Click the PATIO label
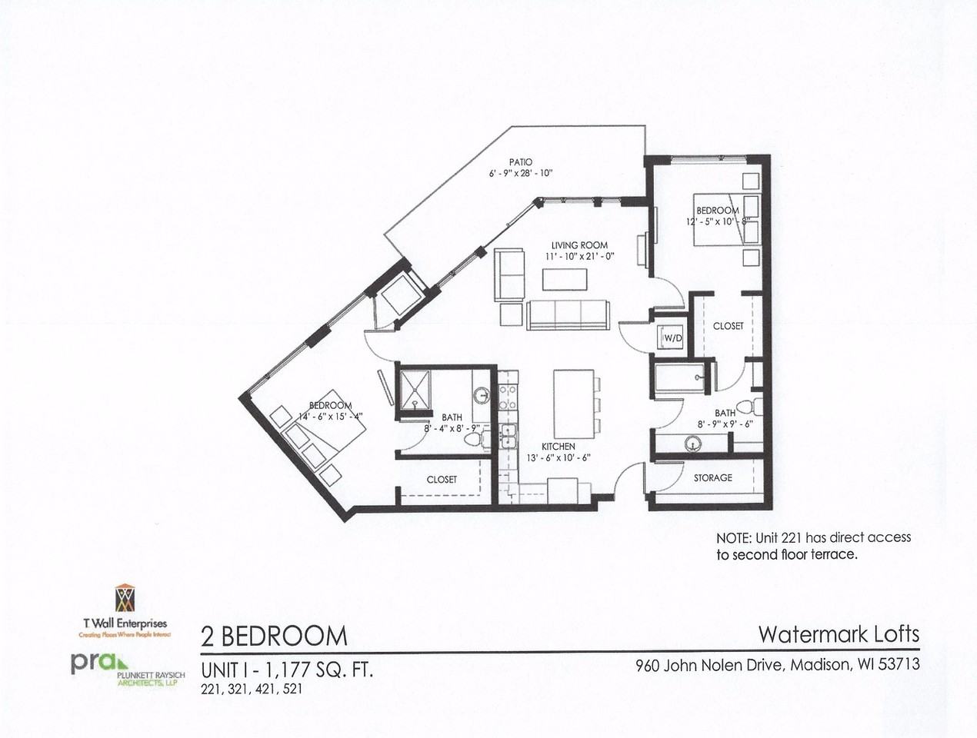(521, 162)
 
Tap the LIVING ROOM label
(579, 245)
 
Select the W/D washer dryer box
(669, 337)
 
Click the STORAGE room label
(712, 477)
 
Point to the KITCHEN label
(558, 446)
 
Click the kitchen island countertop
(573, 404)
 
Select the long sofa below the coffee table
(568, 314)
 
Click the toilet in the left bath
(474, 440)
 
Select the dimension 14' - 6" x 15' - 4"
(330, 416)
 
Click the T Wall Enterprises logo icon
(125, 598)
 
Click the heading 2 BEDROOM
(274, 636)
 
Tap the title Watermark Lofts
(839, 634)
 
